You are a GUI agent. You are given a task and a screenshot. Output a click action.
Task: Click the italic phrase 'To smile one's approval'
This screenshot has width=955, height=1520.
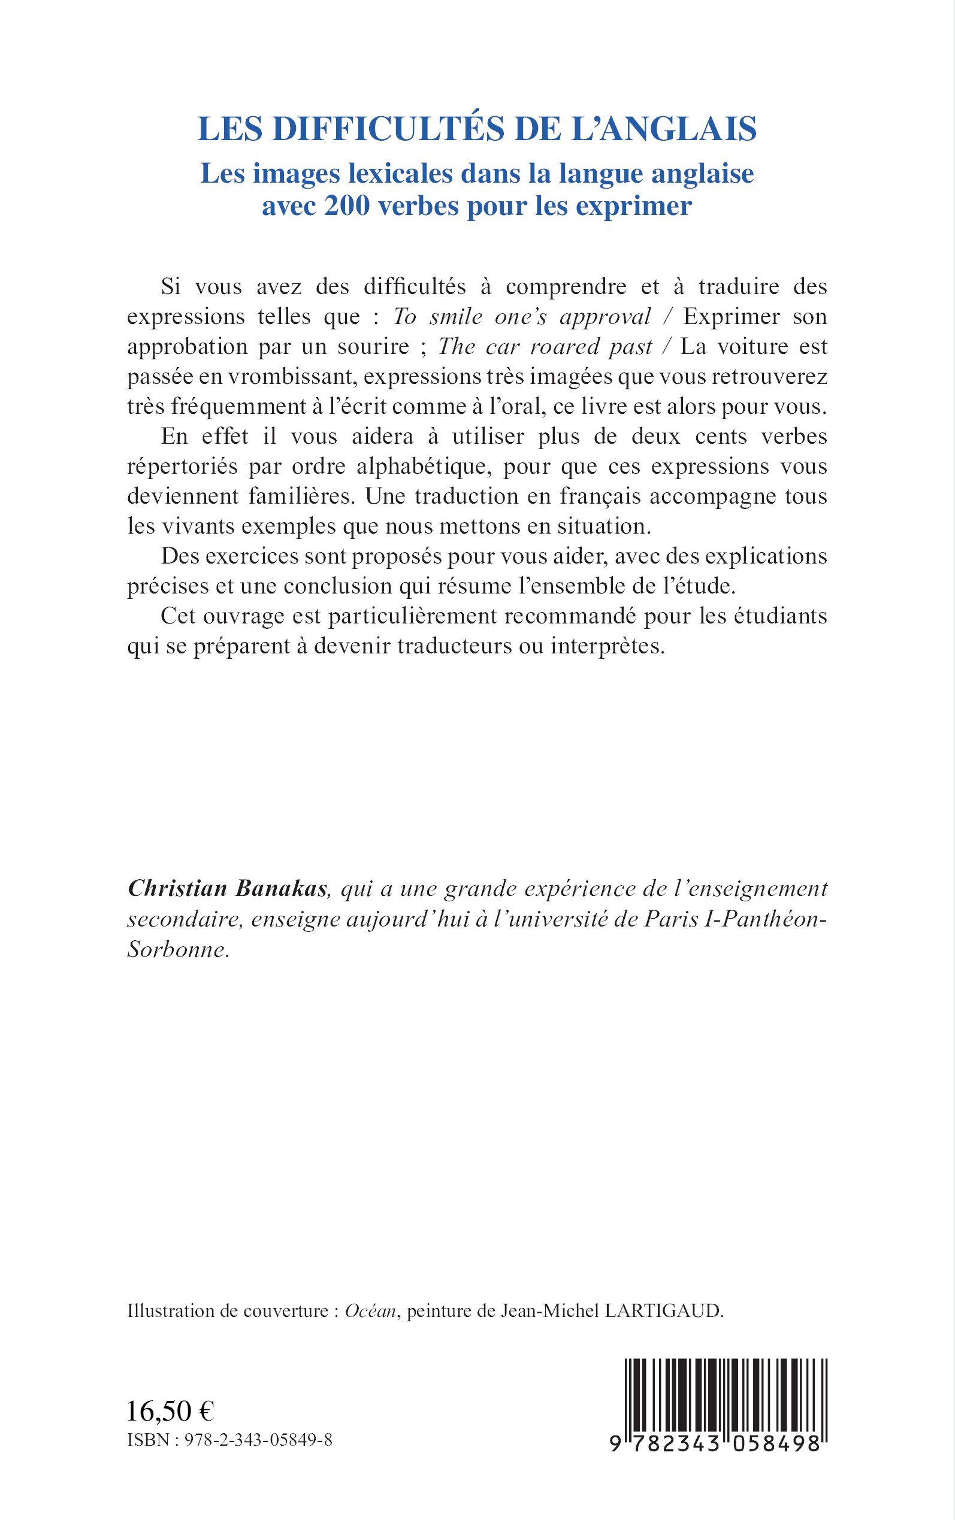(522, 317)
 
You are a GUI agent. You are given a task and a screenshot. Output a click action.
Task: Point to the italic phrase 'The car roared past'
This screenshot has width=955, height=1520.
(545, 347)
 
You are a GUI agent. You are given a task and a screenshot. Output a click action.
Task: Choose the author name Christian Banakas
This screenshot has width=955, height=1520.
(228, 889)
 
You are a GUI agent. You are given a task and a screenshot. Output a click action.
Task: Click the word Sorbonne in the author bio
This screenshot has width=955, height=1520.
(176, 949)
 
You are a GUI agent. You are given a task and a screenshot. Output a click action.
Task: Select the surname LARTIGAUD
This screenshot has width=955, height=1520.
(663, 1311)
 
